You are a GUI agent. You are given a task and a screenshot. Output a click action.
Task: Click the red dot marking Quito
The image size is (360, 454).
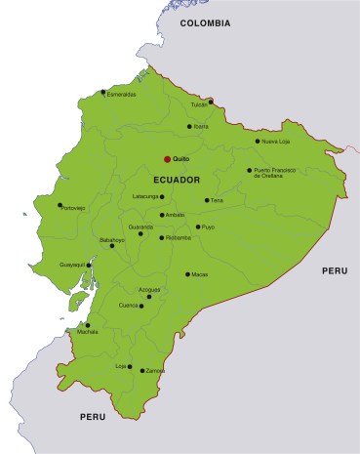(x=167, y=159)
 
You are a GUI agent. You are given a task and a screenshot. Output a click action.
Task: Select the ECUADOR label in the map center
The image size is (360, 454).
(x=177, y=181)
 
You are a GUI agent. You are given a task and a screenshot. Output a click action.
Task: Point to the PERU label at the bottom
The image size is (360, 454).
(x=93, y=417)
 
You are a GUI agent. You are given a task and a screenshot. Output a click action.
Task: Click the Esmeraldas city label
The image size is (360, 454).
(x=122, y=95)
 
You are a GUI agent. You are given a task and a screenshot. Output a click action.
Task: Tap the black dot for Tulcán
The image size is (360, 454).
(x=211, y=101)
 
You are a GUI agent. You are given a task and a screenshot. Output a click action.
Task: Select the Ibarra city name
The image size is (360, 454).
(x=200, y=127)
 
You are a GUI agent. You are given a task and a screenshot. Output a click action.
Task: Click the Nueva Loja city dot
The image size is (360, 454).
(x=258, y=142)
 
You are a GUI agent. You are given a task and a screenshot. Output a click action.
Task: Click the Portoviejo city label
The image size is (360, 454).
(x=73, y=208)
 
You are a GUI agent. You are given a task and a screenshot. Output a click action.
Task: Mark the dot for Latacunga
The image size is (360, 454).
(x=162, y=196)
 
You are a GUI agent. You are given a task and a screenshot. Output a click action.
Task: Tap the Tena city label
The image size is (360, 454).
(x=218, y=201)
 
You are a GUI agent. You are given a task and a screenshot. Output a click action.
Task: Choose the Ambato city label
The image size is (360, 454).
(x=176, y=216)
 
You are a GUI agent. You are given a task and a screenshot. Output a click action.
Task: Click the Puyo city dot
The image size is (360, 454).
(x=198, y=227)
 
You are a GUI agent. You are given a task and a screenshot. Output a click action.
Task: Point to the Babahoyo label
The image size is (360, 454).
(x=112, y=239)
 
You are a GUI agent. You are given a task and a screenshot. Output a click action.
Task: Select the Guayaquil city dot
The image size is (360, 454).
(x=90, y=265)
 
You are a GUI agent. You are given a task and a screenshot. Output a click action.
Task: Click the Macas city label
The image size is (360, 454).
(x=200, y=274)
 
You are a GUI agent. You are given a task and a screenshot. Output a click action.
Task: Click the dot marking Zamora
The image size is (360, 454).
(x=142, y=371)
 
